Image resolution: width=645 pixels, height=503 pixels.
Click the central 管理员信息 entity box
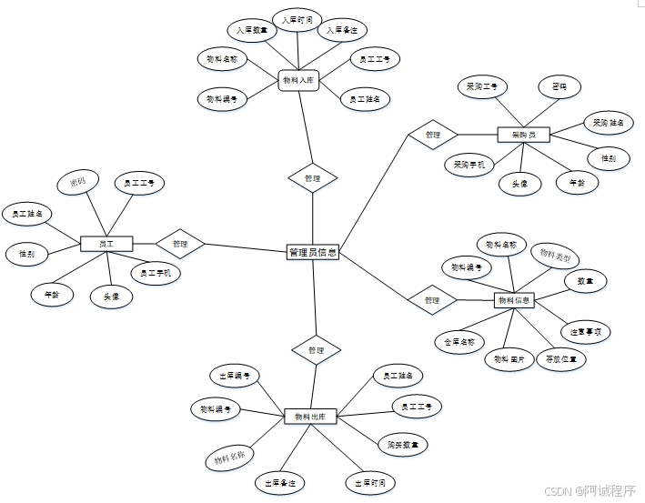[x=313, y=252]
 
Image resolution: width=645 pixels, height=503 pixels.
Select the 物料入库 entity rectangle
[x=297, y=81]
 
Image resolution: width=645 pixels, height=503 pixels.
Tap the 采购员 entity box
[x=524, y=135]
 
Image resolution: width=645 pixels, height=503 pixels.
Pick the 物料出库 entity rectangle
[x=310, y=416]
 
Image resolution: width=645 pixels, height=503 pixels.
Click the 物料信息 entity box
[x=515, y=299]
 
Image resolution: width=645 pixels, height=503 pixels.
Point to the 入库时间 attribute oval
[x=296, y=19]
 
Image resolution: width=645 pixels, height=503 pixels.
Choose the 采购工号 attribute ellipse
[x=481, y=87]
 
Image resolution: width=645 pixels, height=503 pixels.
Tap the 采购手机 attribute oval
[x=469, y=165]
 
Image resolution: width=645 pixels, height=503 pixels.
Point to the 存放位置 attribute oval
[x=559, y=358]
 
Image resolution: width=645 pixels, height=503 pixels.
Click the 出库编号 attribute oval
[x=235, y=376]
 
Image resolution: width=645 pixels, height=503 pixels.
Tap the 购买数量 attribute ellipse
[x=402, y=445]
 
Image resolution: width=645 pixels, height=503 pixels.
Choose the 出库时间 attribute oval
[x=370, y=482]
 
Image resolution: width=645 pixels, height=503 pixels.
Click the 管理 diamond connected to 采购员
[x=432, y=135]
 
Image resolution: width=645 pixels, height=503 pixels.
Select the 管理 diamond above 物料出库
[x=316, y=349]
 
